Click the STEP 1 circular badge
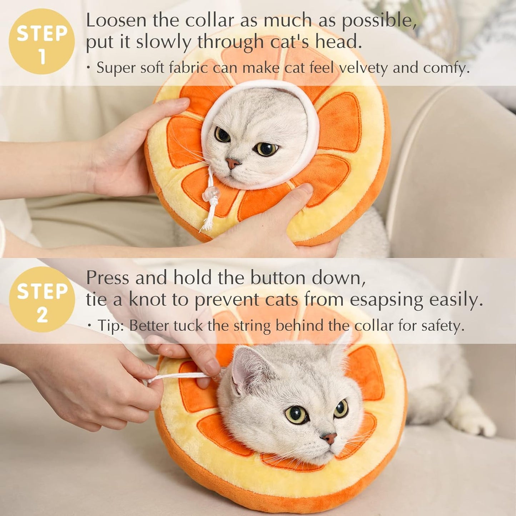click(42, 41)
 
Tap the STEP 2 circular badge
click(42, 299)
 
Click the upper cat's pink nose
click(232, 164)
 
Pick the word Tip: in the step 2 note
click(111, 325)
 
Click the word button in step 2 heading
click(278, 277)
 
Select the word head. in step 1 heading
click(338, 42)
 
